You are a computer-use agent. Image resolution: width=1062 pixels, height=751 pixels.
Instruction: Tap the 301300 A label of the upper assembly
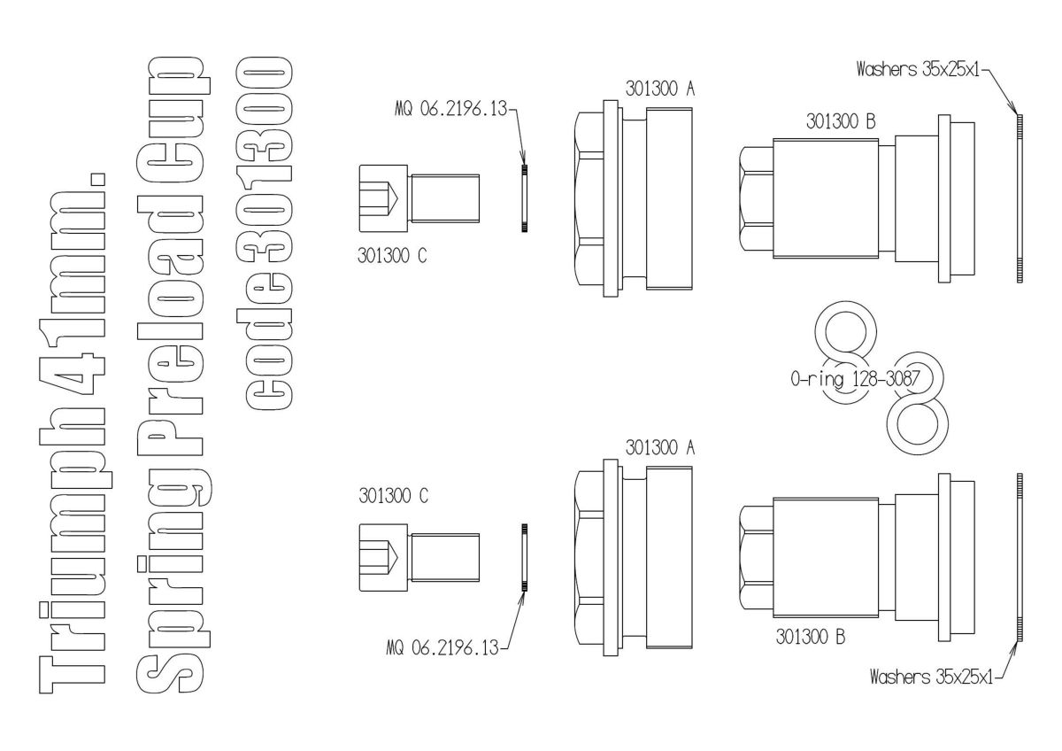pyautogui.click(x=660, y=89)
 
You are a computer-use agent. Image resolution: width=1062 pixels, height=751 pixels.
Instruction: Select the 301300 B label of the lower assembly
pyautogui.click(x=810, y=636)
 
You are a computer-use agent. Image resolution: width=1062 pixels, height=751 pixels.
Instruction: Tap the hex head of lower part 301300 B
pyautogui.click(x=755, y=556)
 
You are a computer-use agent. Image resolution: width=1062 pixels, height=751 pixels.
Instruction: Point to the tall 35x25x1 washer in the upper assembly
pyautogui.click(x=1020, y=197)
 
